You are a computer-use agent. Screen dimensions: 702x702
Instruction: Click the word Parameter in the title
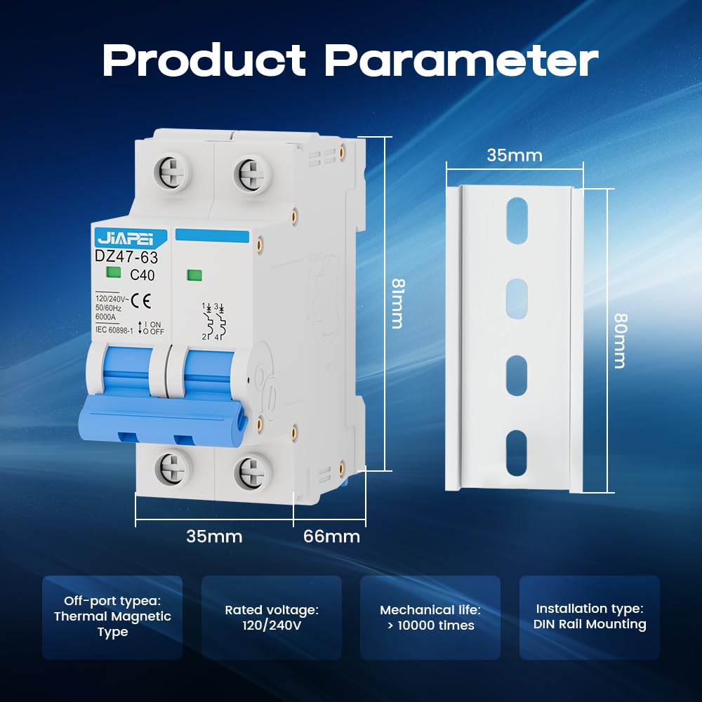(461, 61)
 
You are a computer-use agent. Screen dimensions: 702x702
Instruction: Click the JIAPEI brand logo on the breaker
(129, 237)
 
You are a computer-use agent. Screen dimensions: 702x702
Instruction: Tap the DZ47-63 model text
(126, 258)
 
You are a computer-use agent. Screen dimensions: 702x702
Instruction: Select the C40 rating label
(143, 275)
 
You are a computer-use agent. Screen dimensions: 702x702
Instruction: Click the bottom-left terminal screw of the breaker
(171, 468)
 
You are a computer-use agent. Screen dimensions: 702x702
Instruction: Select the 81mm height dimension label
(397, 303)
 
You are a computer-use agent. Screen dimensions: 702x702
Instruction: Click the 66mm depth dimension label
(331, 537)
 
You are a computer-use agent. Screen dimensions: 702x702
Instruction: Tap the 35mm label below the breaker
(214, 537)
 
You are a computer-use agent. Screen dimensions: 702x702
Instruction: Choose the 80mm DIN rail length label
(618, 340)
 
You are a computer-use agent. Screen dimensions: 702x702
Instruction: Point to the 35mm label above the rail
(515, 155)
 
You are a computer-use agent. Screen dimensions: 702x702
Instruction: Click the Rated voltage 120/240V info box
(272, 618)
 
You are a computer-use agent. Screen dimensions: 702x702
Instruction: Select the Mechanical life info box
(430, 618)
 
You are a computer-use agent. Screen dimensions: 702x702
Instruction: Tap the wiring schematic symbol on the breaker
(214, 322)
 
